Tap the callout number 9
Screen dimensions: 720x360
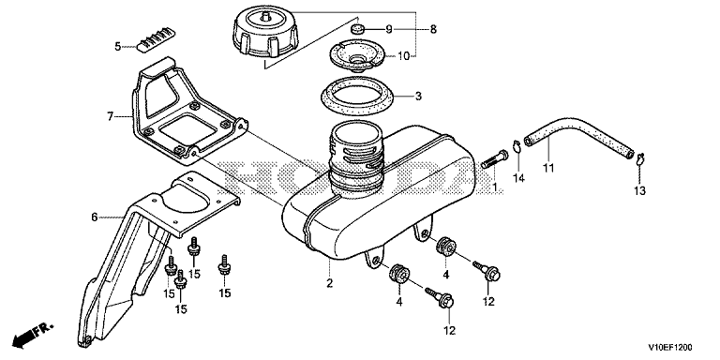[x=389, y=30]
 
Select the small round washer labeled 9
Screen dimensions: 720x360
[x=357, y=31]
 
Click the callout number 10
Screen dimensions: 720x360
[x=404, y=56]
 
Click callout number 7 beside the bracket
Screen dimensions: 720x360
[x=111, y=116]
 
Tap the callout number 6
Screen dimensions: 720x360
[x=94, y=217]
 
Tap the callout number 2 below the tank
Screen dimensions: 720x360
[x=329, y=283]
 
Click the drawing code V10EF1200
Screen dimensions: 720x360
[x=670, y=347]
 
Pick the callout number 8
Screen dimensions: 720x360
[x=433, y=30]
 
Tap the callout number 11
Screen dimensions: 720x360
[x=547, y=168]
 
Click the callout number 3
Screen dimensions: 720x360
[x=418, y=97]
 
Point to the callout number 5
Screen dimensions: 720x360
[x=118, y=46]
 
